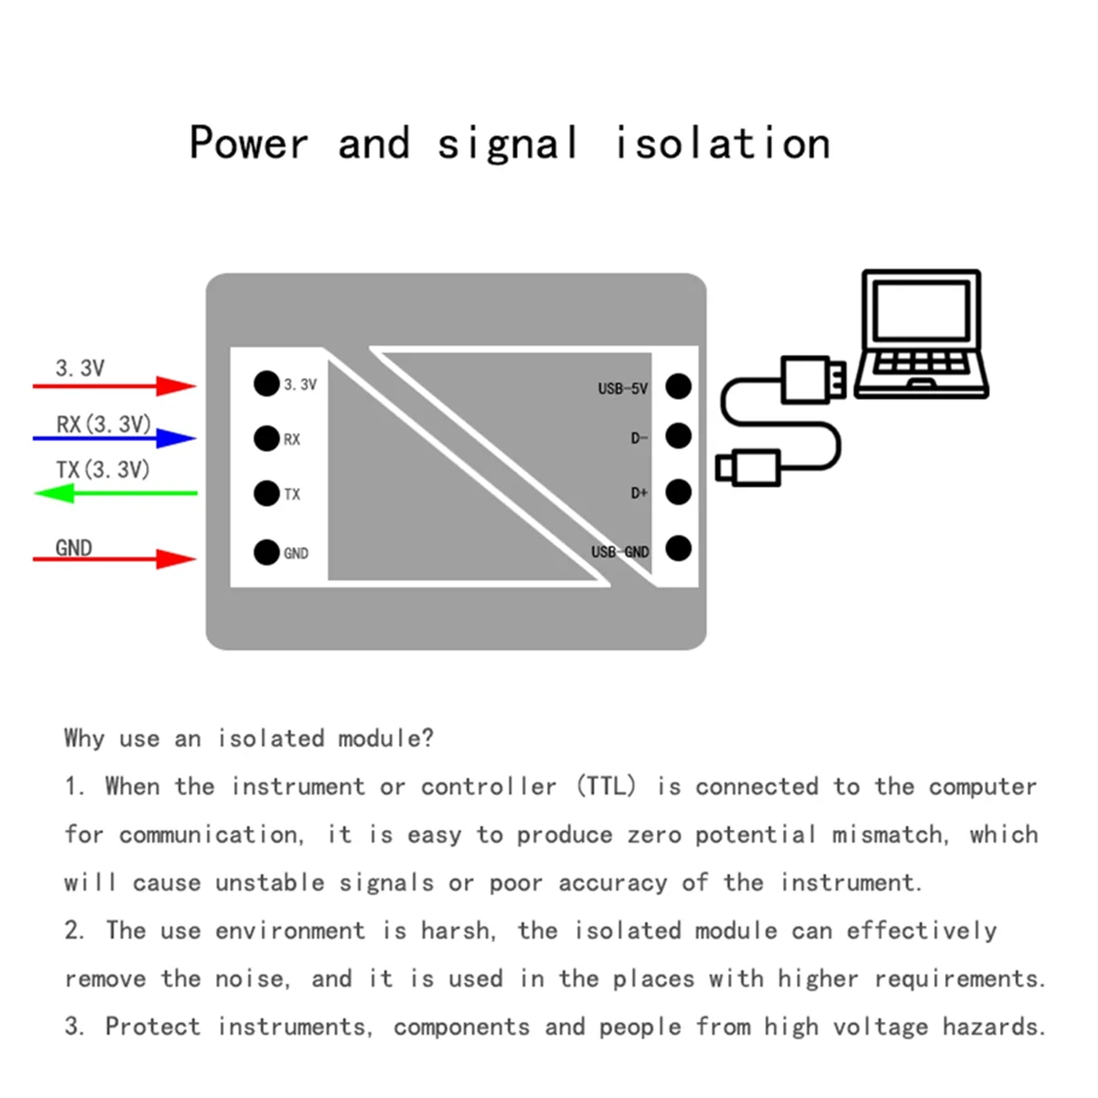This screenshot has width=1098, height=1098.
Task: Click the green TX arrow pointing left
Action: click(x=115, y=493)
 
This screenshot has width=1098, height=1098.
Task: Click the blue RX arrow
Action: click(x=115, y=438)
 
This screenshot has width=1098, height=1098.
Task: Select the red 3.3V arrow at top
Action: click(x=115, y=386)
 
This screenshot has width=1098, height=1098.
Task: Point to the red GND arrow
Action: click(x=115, y=558)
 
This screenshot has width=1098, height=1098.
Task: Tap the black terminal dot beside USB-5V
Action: click(x=678, y=386)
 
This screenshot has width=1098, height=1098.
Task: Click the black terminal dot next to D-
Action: click(x=678, y=436)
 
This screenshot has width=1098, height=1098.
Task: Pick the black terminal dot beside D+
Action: click(x=678, y=492)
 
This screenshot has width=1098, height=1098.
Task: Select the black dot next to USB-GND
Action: click(x=678, y=549)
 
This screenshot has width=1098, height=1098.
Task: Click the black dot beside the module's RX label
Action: click(x=266, y=438)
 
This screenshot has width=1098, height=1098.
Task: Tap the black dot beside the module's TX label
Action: click(x=266, y=493)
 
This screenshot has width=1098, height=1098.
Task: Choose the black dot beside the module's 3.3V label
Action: click(x=266, y=383)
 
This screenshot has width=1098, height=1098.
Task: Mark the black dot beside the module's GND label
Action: click(x=266, y=553)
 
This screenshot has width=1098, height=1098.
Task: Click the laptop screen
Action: click(x=920, y=310)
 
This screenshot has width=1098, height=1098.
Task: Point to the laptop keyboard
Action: click(x=920, y=362)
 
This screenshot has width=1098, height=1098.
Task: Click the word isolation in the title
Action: click(x=722, y=144)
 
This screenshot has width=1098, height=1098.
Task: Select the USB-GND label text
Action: click(x=619, y=552)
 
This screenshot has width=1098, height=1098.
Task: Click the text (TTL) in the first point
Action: click(x=606, y=787)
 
